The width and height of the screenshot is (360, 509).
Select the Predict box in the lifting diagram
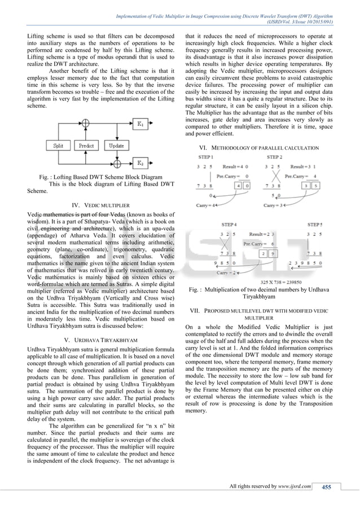point(86,146)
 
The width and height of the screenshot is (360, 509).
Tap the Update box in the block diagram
point(117,146)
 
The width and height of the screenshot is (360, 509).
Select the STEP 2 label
point(275,157)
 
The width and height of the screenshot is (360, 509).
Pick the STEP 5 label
point(315,224)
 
